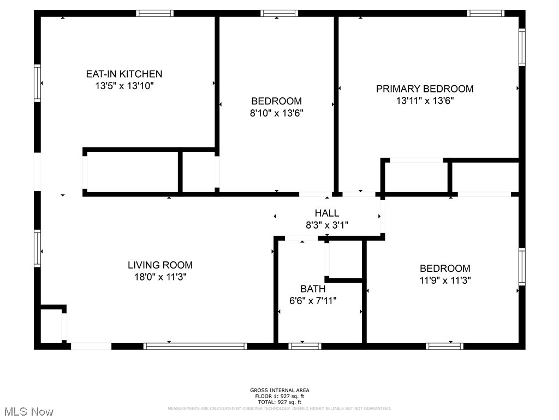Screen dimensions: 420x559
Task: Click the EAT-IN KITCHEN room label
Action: pos(124,74)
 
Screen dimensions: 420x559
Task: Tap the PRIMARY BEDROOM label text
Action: pos(425,89)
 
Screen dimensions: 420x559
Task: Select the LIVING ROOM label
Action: pos(160,265)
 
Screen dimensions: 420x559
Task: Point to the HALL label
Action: pos(326,213)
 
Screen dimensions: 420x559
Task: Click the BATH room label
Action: pos(313,289)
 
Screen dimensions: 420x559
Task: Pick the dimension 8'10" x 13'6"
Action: pos(276,113)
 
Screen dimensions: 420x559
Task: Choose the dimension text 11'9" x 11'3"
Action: pos(444,280)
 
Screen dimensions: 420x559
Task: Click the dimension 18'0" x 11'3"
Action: pos(160,277)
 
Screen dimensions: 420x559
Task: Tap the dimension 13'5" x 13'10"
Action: pos(124,86)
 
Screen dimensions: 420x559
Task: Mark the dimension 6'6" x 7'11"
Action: pos(313,300)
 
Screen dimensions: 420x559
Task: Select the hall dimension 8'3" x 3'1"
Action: pos(326,225)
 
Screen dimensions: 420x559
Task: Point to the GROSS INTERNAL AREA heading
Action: pos(279,390)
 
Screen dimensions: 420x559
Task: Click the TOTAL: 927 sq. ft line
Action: pos(279,402)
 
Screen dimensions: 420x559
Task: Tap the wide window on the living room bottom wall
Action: pos(195,346)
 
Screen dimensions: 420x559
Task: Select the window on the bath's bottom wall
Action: pos(305,346)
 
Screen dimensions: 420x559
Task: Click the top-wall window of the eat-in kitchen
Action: pos(154,13)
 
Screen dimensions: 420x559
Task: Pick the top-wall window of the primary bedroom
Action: pos(485,13)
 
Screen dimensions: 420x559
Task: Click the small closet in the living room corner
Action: pos(51,326)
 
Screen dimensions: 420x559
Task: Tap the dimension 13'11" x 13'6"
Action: pos(425,101)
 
